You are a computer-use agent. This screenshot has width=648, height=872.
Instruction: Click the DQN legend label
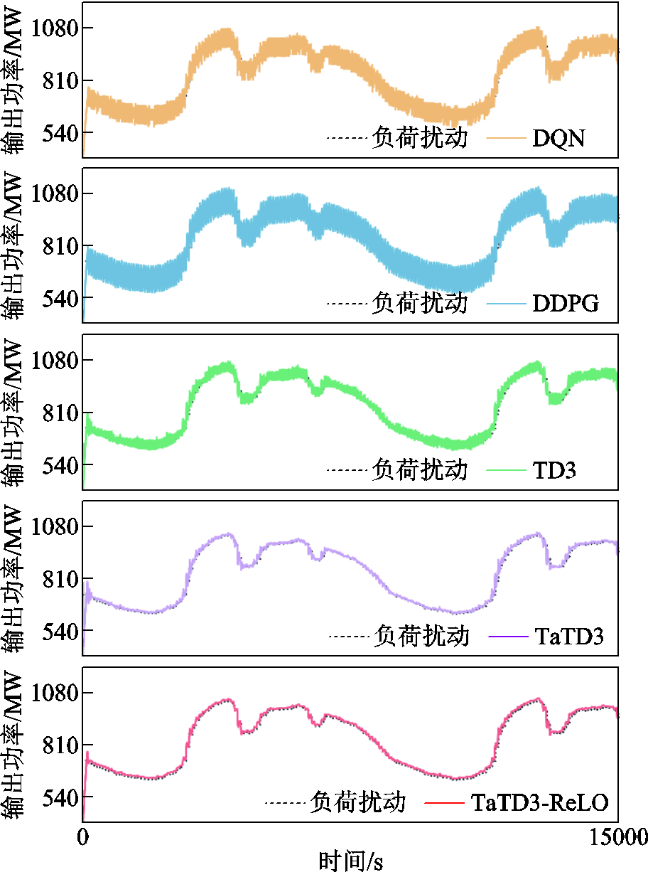(558, 138)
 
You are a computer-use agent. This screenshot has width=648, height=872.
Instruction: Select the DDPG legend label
(566, 304)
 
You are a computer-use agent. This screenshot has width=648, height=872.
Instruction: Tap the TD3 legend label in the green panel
(554, 471)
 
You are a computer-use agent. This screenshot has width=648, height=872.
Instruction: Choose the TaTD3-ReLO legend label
(540, 804)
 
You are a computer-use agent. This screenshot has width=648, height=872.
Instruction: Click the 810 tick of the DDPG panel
(58, 246)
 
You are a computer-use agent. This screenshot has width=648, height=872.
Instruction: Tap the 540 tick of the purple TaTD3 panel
(58, 631)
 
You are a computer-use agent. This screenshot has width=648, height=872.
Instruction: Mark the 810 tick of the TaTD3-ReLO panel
(58, 745)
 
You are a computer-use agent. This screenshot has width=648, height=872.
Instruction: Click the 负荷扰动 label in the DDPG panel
(419, 304)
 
